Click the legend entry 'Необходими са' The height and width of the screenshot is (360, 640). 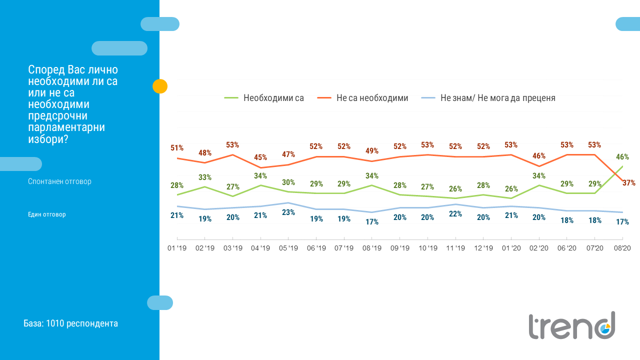click(x=273, y=98)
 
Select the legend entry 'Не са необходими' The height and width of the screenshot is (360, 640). click(x=372, y=98)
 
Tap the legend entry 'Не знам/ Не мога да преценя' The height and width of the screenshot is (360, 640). click(x=497, y=98)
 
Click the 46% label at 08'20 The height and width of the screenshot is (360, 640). click(x=622, y=157)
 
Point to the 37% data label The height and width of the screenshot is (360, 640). click(x=629, y=183)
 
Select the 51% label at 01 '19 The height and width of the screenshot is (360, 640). click(x=177, y=148)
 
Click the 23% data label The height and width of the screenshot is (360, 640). click(x=288, y=212)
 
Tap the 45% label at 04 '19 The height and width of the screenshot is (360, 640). click(x=260, y=157)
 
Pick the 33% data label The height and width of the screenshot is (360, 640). click(x=204, y=177)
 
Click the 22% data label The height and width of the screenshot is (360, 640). click(x=455, y=214)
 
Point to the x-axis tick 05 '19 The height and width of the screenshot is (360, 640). click(x=288, y=248)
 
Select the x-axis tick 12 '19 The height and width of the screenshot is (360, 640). click(x=483, y=248)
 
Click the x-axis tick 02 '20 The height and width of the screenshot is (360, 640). click(x=539, y=248)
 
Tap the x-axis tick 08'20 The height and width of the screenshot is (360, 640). click(x=622, y=248)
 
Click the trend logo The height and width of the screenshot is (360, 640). click(x=572, y=325)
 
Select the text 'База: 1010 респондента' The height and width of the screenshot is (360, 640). click(x=70, y=323)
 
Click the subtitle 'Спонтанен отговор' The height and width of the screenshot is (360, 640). click(x=59, y=181)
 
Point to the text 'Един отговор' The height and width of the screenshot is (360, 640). click(x=47, y=214)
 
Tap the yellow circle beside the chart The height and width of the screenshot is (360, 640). click(x=159, y=86)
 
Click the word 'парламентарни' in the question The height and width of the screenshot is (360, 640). click(x=66, y=127)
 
